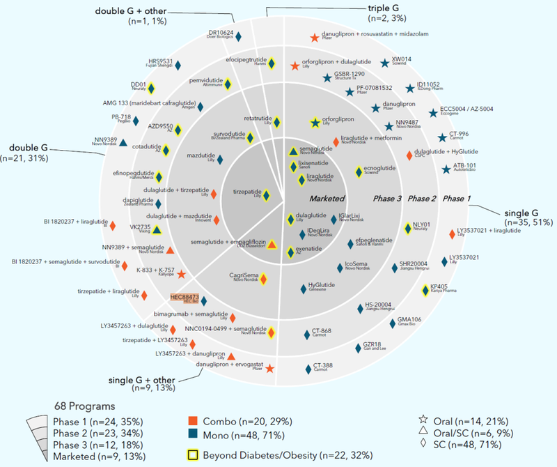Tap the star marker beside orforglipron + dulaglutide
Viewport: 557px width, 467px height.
click(x=295, y=66)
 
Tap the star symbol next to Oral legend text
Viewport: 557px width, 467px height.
click(x=423, y=421)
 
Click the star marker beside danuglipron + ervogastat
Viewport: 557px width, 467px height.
click(x=270, y=367)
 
